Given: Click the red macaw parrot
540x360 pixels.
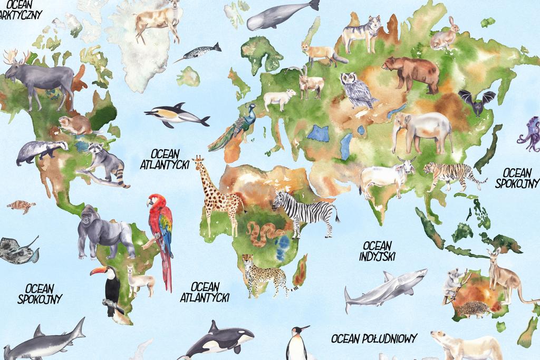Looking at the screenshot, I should click(x=160, y=227).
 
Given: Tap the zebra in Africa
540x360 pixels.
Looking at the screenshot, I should click(x=306, y=211).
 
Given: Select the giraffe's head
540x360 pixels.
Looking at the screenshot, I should click(x=198, y=161).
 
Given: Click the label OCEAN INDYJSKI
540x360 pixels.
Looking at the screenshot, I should click(x=377, y=251).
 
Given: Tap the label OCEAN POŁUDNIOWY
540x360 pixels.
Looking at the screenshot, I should click(x=374, y=338).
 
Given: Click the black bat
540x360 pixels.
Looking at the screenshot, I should click(x=476, y=102).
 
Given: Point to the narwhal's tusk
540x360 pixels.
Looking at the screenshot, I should click(x=182, y=59).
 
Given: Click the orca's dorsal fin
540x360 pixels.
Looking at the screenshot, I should click(x=213, y=326).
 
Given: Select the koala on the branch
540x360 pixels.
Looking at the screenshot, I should click(x=452, y=282).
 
